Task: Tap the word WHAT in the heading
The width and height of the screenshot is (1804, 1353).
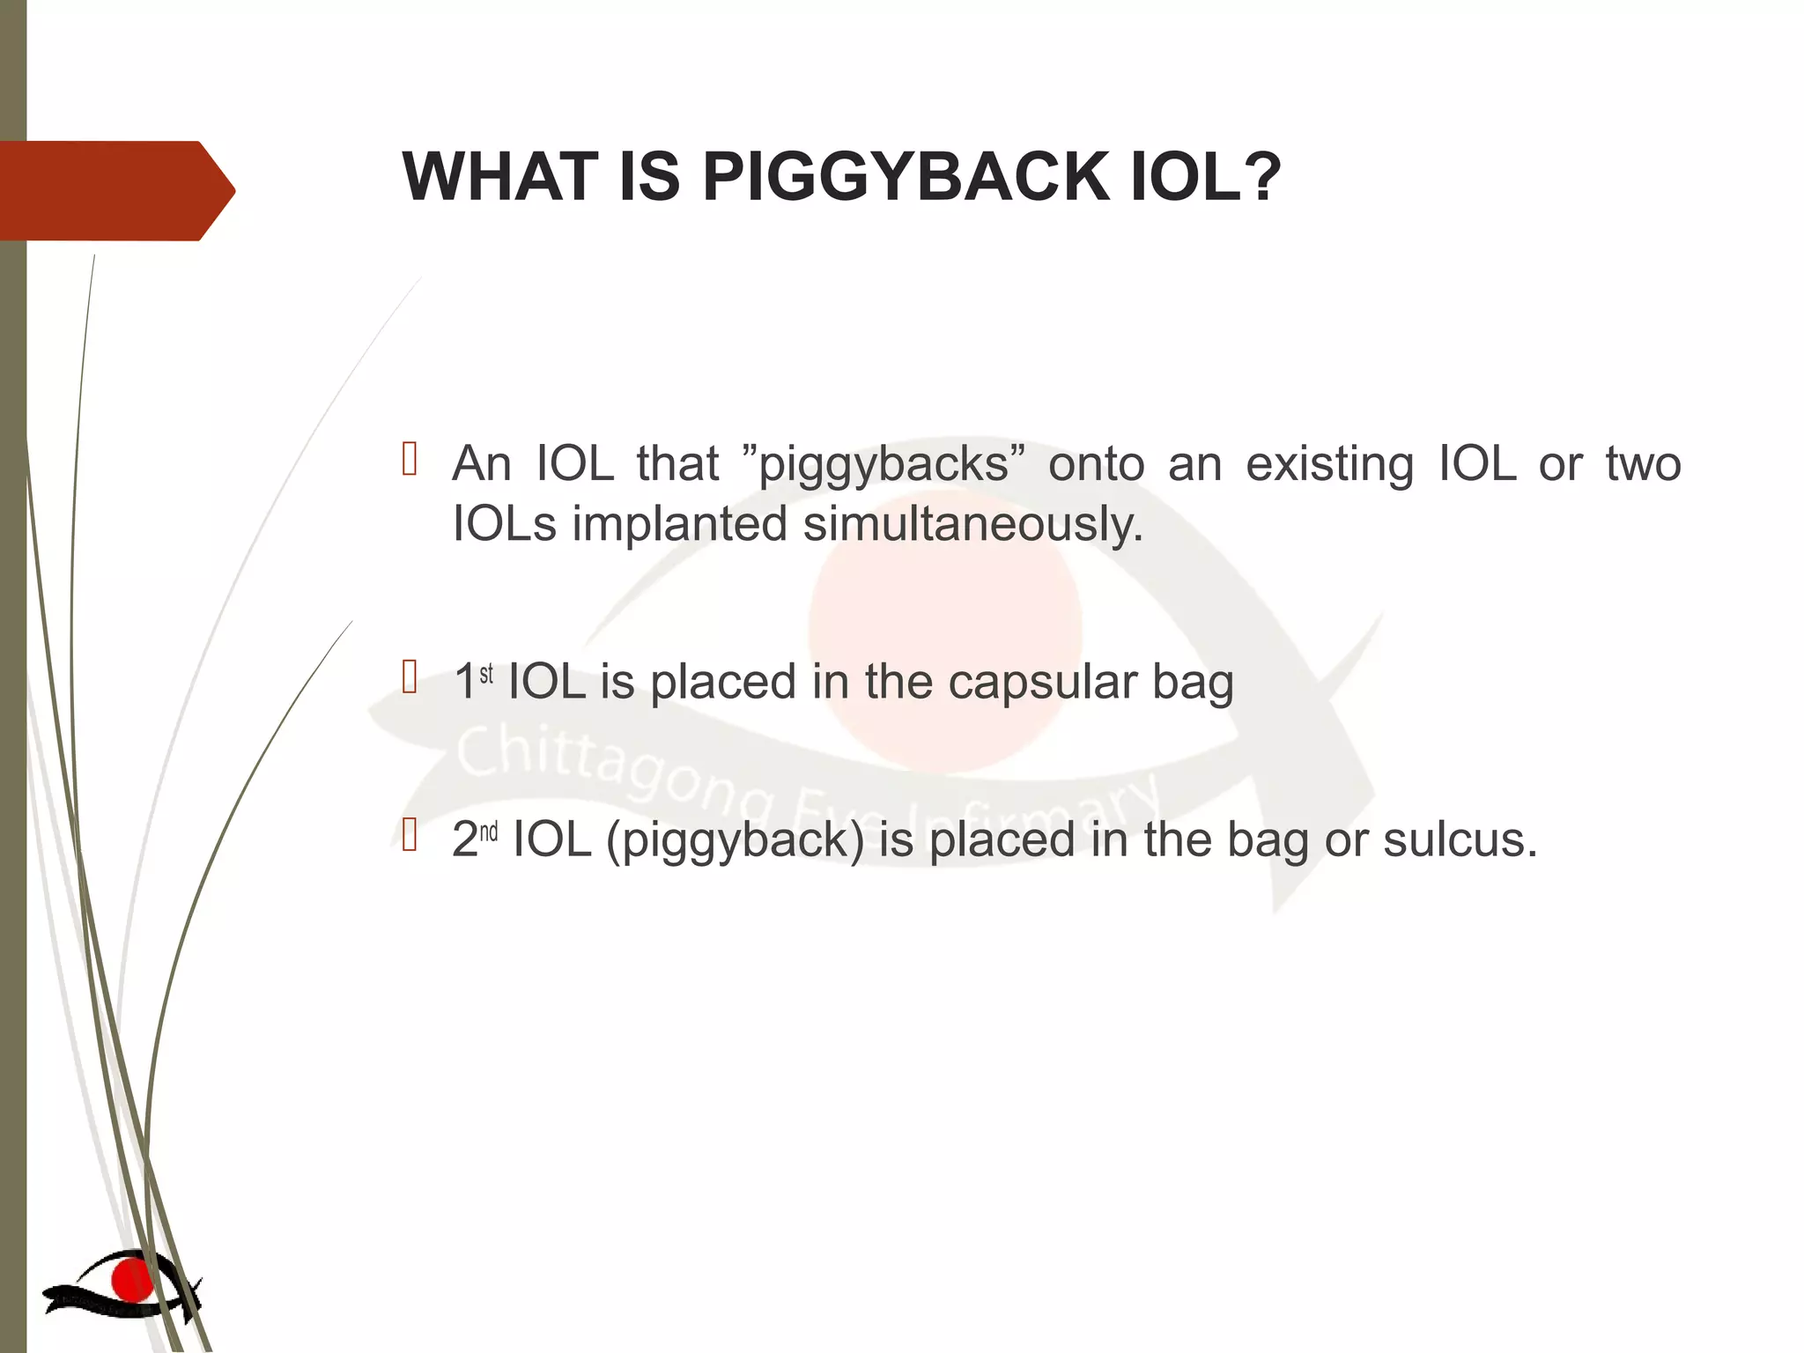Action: tap(500, 177)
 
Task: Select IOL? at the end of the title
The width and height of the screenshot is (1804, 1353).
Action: tap(1206, 177)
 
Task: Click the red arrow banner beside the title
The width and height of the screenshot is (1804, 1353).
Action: tap(115, 190)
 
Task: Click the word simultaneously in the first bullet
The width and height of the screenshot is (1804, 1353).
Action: tap(972, 525)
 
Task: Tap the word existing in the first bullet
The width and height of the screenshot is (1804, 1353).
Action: tap(1329, 465)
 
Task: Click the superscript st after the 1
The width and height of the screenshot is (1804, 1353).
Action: tap(486, 675)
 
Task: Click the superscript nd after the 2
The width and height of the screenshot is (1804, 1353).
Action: tap(488, 832)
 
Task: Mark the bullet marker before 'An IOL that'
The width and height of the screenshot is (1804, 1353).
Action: tap(409, 459)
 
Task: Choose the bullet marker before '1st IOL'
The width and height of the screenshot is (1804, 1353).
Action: tap(409, 677)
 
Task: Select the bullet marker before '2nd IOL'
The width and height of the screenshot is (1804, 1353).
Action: tap(409, 834)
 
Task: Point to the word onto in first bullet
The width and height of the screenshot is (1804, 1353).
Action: tap(1096, 465)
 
